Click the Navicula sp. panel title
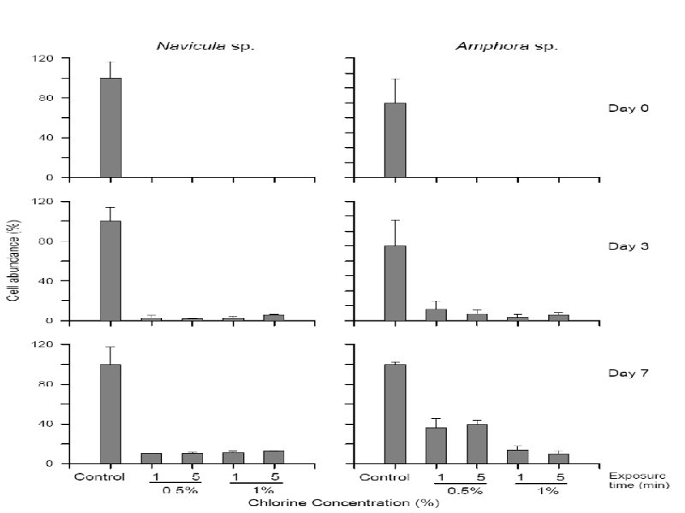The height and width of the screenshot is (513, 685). pyautogui.click(x=205, y=44)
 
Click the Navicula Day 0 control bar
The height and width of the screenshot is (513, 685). pyautogui.click(x=110, y=128)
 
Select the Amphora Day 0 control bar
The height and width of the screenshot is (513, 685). pyautogui.click(x=395, y=140)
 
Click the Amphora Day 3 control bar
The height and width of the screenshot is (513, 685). pyautogui.click(x=395, y=283)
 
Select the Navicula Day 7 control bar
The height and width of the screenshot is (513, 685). pyautogui.click(x=110, y=415)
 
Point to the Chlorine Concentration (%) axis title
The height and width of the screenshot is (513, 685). pyautogui.click(x=344, y=503)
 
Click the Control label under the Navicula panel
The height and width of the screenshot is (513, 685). pyautogui.click(x=99, y=476)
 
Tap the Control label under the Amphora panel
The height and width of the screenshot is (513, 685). pyautogui.click(x=384, y=476)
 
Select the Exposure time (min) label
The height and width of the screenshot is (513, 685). pyautogui.click(x=636, y=480)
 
